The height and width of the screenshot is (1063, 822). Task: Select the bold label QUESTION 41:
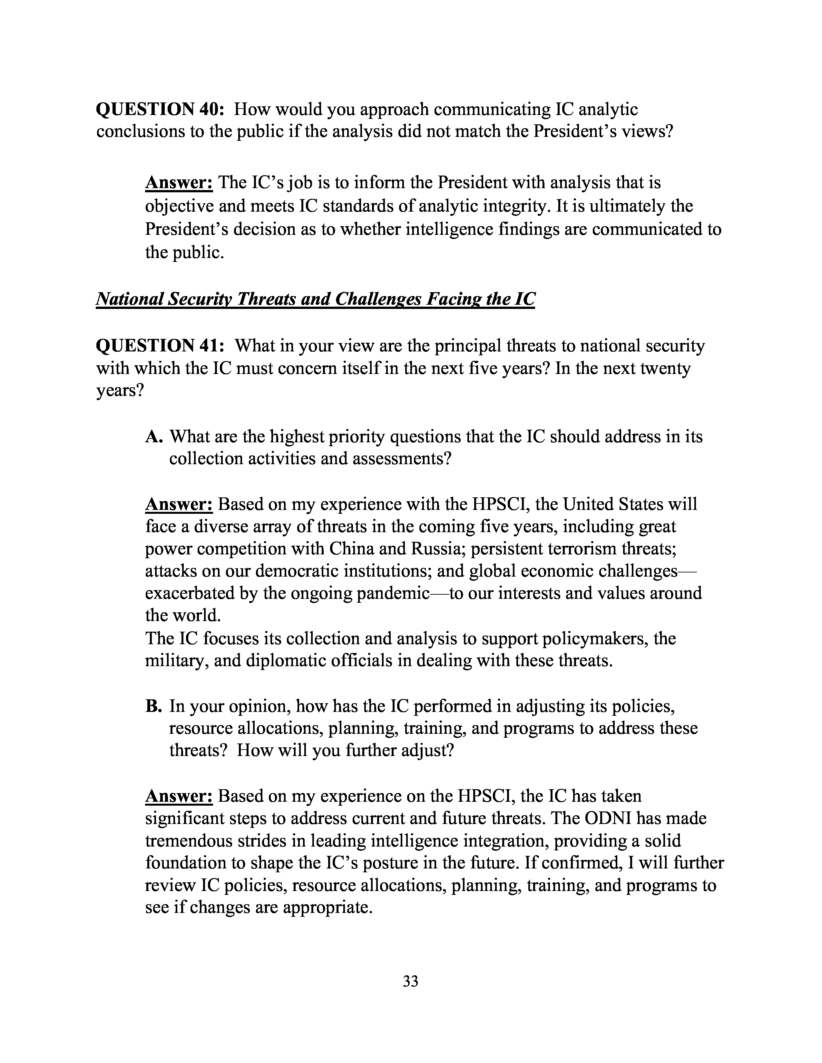(x=160, y=346)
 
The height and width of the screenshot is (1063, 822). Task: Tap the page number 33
(x=410, y=981)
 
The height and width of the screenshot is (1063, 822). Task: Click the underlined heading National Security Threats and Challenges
(x=315, y=299)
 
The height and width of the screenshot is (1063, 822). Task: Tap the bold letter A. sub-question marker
(x=154, y=436)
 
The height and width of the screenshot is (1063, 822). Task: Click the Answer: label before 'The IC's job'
(x=179, y=183)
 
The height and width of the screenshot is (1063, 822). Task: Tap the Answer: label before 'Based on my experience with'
(x=179, y=504)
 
